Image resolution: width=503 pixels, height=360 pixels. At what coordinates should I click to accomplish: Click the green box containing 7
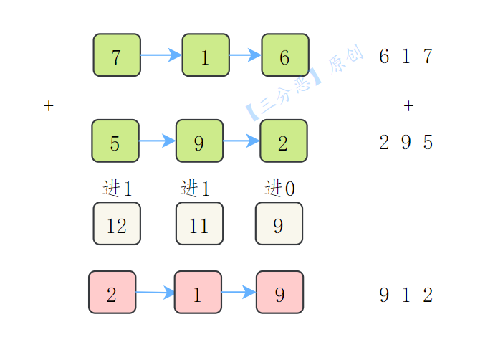coord(117,55)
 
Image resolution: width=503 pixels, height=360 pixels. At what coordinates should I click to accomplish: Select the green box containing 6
coord(285,55)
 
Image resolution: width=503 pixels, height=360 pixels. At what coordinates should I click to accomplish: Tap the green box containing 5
coord(115,141)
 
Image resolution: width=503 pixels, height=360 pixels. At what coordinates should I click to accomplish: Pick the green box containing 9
coord(199,141)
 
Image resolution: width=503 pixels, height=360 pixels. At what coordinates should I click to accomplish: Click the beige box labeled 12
coord(117,224)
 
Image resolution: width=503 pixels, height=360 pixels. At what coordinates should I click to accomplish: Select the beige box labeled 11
coord(199,224)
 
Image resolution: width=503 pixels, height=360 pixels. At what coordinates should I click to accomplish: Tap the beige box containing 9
coord(279,224)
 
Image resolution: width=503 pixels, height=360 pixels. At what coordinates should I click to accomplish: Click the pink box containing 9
coord(279,292)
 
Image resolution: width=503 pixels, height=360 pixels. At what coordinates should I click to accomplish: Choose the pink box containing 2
coord(112,292)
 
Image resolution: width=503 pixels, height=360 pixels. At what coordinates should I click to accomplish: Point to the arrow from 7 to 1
coord(161,55)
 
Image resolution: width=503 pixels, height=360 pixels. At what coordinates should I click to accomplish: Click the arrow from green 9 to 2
coord(241,141)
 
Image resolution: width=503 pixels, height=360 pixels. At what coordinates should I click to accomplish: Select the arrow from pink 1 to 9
coord(239,292)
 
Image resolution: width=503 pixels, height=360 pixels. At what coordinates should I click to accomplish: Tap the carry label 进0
coord(279,188)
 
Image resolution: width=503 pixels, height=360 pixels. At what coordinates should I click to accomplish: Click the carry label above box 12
coord(118,188)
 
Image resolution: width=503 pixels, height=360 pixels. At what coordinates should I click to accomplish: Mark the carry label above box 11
coord(196,188)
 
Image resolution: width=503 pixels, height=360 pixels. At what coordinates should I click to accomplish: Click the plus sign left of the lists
coord(49,105)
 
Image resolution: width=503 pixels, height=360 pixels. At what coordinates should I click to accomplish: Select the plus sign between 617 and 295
coord(408,105)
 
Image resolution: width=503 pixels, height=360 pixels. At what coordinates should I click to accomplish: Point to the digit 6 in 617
coord(384,56)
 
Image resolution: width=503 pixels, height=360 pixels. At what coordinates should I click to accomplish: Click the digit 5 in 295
coord(428,142)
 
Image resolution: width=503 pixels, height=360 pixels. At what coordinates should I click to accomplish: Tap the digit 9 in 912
coord(384,295)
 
